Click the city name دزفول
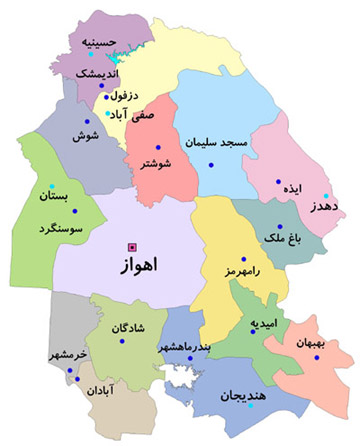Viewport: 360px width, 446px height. (118, 96)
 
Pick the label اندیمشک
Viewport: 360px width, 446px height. (95, 73)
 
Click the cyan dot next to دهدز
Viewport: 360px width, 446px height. (325, 195)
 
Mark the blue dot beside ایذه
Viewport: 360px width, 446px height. (279, 182)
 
